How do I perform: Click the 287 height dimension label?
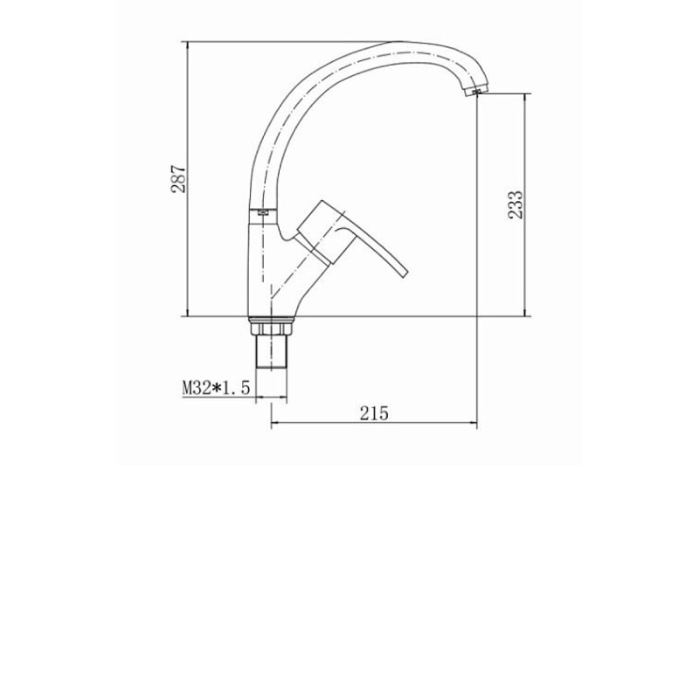179,179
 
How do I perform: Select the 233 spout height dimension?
516,204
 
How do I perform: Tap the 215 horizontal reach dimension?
374,413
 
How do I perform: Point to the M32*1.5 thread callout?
216,387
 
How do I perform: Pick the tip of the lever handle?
405,273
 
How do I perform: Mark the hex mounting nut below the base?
271,329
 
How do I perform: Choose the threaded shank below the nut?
271,352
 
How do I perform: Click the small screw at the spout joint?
263,212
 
